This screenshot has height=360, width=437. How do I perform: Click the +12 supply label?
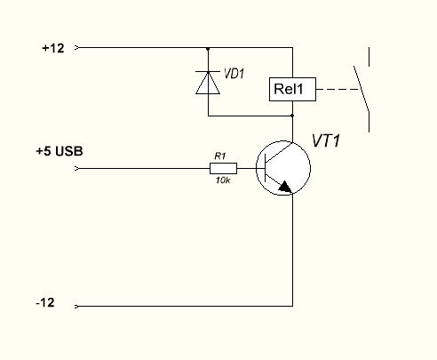(53, 48)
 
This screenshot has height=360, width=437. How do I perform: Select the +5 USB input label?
(60, 151)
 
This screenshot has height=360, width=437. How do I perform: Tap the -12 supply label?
(45, 303)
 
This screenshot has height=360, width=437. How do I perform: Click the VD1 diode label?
(234, 73)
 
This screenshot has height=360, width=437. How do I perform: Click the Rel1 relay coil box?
(292, 89)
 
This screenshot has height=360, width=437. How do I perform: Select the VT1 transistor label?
(326, 140)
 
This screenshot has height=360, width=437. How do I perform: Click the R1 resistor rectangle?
(223, 168)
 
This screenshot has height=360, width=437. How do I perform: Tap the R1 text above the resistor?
(220, 156)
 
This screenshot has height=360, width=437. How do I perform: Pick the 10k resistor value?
(223, 180)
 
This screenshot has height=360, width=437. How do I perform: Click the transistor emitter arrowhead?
(285, 187)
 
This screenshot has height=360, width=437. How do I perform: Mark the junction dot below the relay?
(292, 116)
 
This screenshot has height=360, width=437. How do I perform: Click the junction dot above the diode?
(208, 49)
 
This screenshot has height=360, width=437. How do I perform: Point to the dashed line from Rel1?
(338, 89)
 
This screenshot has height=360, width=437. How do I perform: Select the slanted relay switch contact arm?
(362, 88)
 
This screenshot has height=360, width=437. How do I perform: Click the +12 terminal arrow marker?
(76, 47)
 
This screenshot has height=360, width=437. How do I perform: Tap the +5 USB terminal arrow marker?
(76, 168)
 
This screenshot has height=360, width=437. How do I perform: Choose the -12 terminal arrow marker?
(76, 306)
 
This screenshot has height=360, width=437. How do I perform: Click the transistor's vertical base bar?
(266, 168)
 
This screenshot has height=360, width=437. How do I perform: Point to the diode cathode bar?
(208, 72)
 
